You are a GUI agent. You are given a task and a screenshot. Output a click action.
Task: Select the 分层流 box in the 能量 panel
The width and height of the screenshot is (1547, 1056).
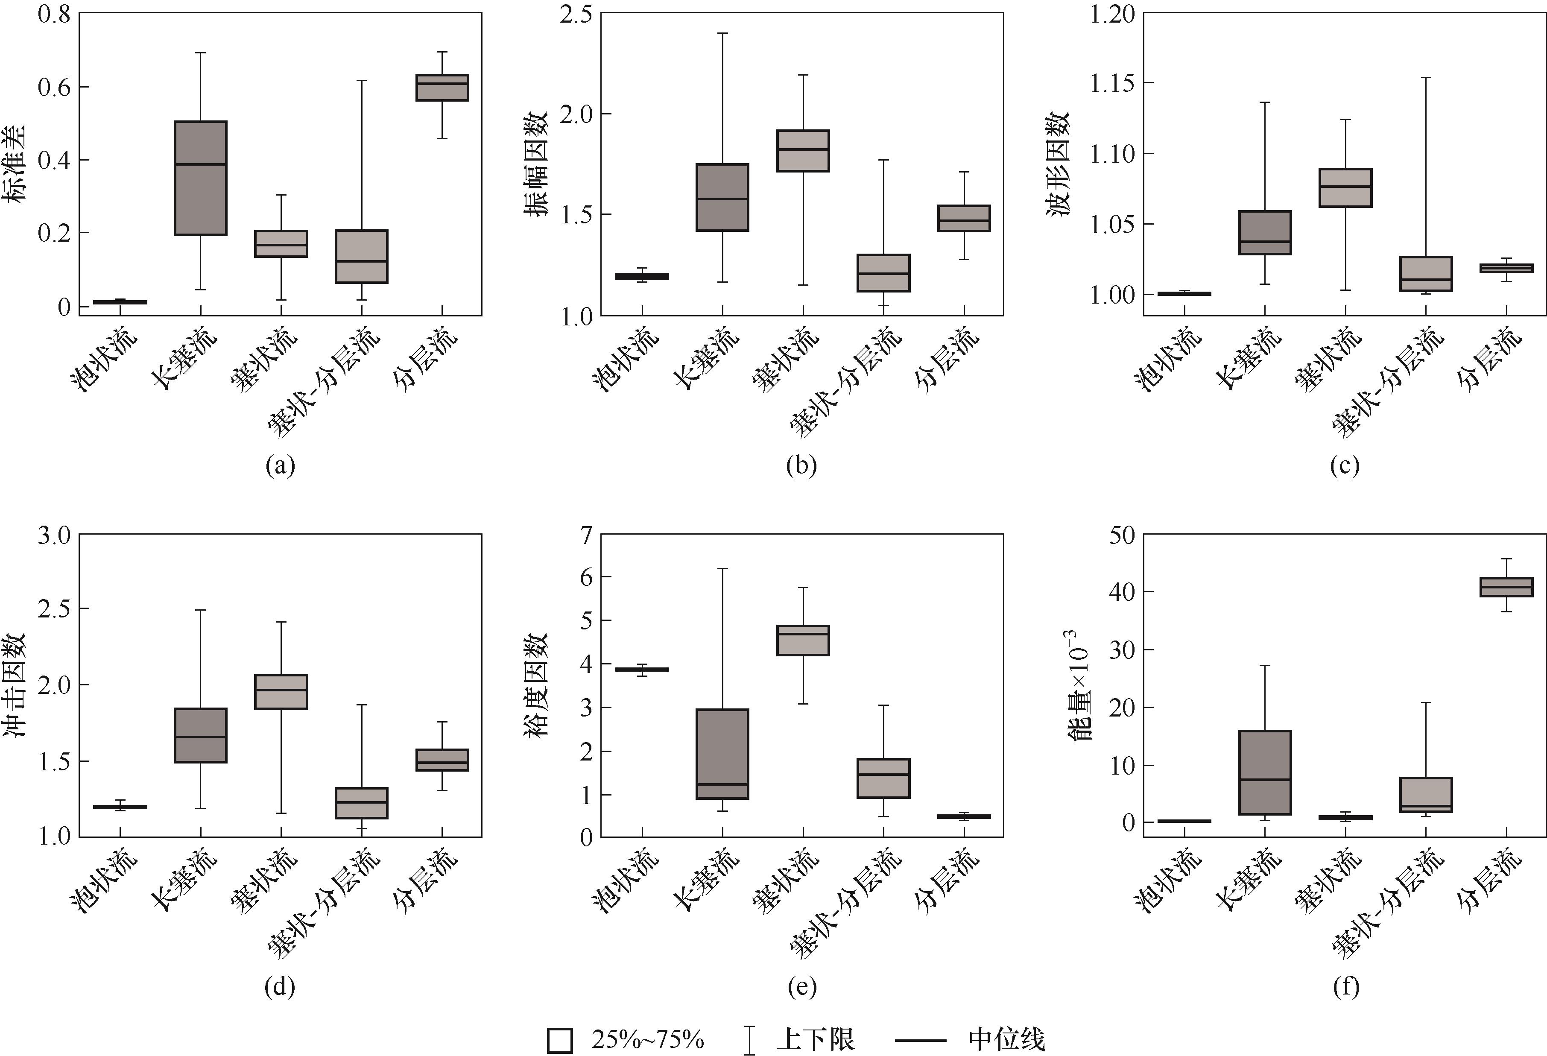(x=1506, y=587)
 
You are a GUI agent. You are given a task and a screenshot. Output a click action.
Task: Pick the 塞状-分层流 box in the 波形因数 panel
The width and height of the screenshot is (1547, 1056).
(x=1426, y=274)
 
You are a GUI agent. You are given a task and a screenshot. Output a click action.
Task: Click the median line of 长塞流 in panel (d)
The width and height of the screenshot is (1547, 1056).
(x=200, y=737)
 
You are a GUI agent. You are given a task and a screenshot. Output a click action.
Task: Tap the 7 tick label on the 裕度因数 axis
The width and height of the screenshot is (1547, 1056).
(x=586, y=535)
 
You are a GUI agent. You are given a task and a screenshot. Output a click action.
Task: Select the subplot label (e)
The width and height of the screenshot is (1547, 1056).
(x=801, y=986)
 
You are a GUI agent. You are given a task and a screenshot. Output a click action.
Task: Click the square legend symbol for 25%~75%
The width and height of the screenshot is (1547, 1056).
(x=560, y=1041)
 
